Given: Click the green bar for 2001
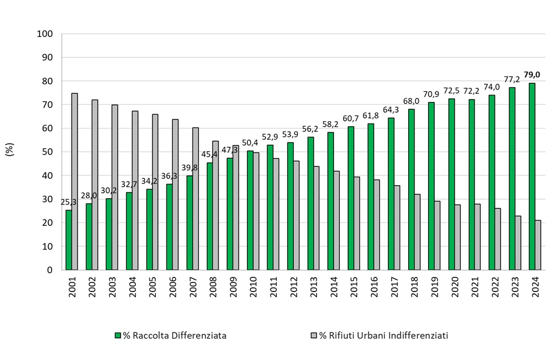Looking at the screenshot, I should coord(69,240).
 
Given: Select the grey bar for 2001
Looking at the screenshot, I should coord(75,181).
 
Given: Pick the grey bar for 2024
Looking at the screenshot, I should coord(538,245).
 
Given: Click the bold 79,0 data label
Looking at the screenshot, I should coord(532,75).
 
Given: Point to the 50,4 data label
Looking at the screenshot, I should coord(250,142).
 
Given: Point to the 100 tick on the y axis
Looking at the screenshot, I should coord(45,34).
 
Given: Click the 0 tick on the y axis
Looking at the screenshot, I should coord(50,270).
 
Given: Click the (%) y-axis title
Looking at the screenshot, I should coord(10,152).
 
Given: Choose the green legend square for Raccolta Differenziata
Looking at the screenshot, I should coord(118,336).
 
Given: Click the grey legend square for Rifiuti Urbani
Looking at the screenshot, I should coord(314,336).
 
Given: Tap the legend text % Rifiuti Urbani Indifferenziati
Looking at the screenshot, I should coord(384,336).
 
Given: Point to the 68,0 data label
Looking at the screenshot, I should coord(411,101).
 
